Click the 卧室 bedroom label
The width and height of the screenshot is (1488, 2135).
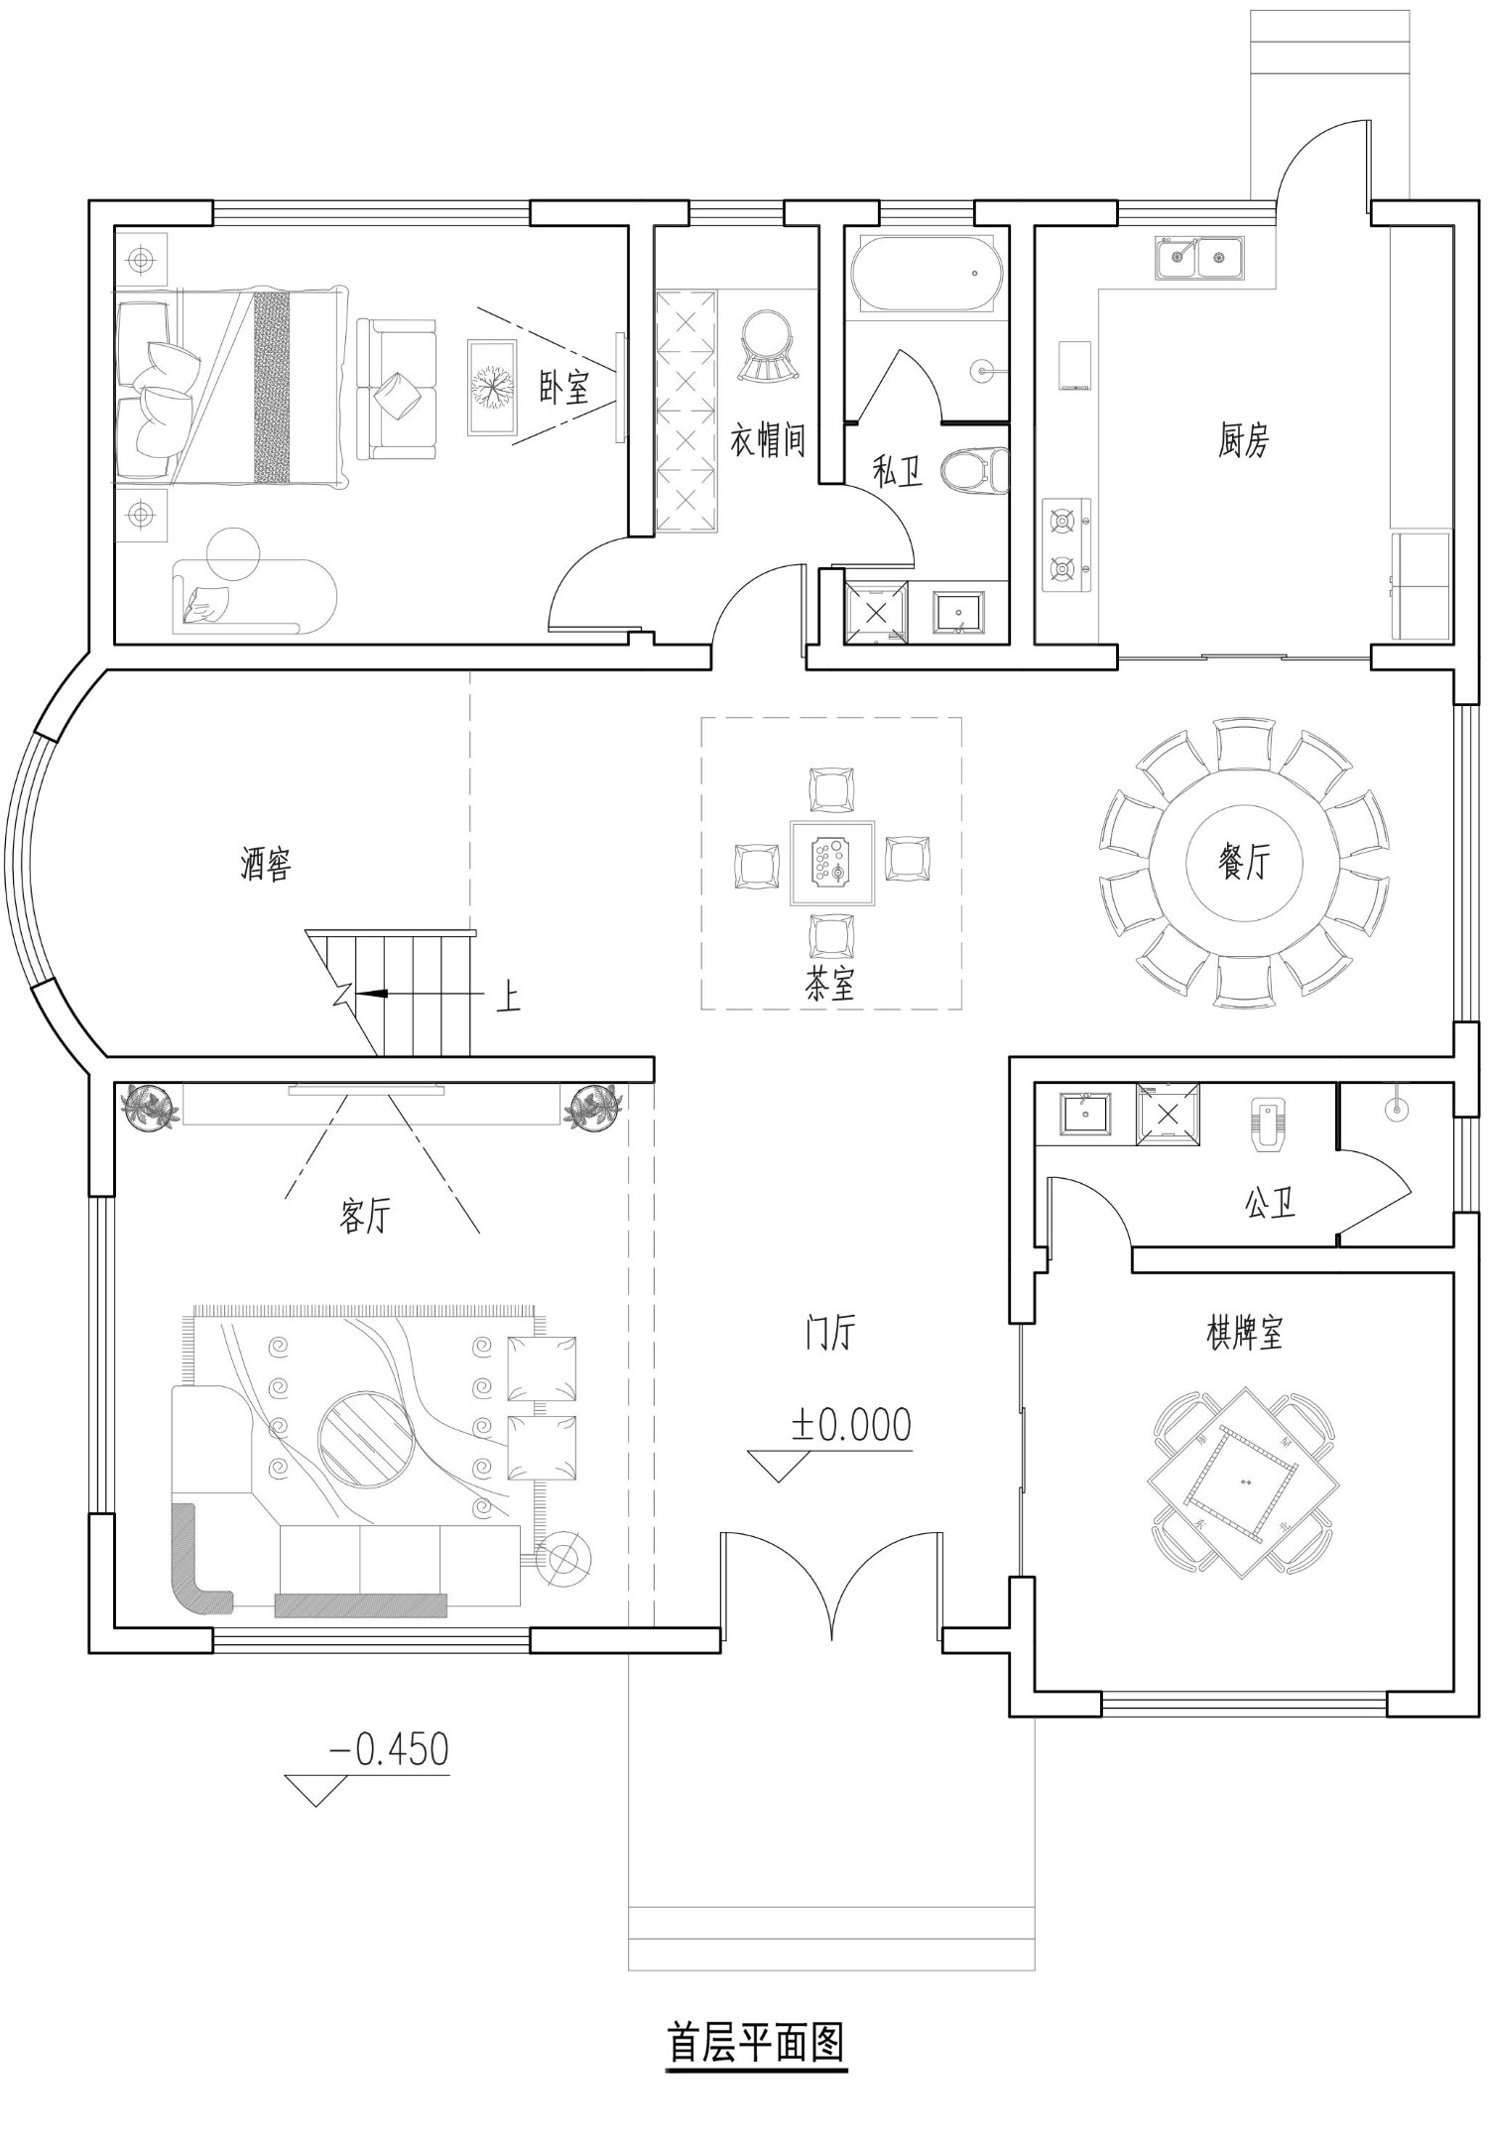[x=564, y=389]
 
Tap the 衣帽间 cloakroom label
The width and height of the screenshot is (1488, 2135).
[x=767, y=439]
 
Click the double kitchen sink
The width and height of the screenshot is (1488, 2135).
[x=1199, y=258]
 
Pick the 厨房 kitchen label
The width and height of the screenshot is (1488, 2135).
[x=1244, y=439]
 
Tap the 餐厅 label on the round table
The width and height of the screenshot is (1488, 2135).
[x=1244, y=862]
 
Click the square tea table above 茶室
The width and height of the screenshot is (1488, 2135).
[x=832, y=862]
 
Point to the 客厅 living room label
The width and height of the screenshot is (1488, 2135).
[x=365, y=1215]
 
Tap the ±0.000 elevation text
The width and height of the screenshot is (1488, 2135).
[x=851, y=1425]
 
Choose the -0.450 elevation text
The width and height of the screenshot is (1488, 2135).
[x=389, y=1749]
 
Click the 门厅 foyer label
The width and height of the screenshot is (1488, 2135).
[x=829, y=1333]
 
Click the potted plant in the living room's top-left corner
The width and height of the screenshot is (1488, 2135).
[x=150, y=1106]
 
